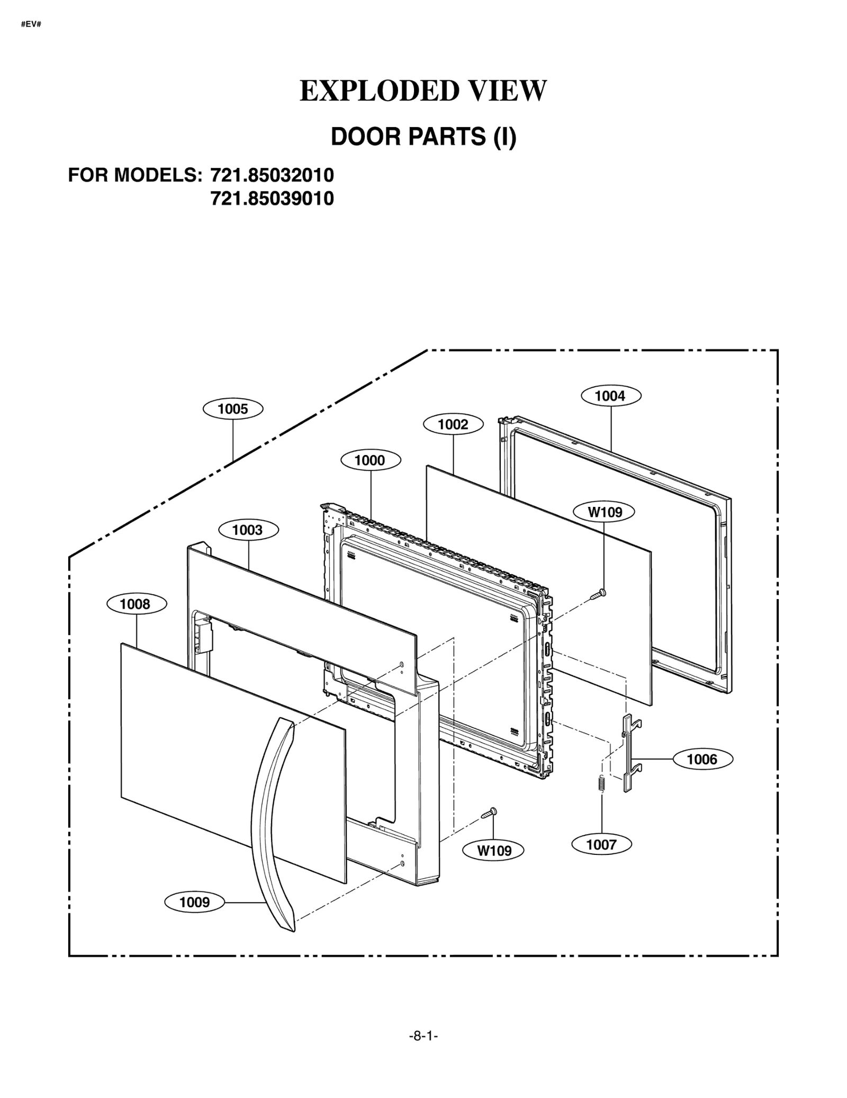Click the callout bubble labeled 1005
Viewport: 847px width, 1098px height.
point(233,409)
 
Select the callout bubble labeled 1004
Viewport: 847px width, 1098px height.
point(610,396)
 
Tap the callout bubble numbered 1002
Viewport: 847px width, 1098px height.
point(453,424)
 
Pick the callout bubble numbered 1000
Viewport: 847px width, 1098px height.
point(370,460)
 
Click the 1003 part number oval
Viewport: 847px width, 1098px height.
point(248,530)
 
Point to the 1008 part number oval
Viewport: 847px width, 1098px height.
point(136,604)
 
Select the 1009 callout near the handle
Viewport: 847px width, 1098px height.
point(195,902)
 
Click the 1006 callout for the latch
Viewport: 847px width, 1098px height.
point(702,760)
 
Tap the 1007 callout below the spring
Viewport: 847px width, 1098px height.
point(601,844)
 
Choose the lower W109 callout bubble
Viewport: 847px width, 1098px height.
point(494,851)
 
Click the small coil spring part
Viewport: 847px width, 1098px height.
point(601,784)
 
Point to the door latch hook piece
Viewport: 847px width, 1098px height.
point(629,753)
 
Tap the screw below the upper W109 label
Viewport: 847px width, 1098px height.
point(599,594)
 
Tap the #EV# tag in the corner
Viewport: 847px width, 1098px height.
point(31,24)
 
